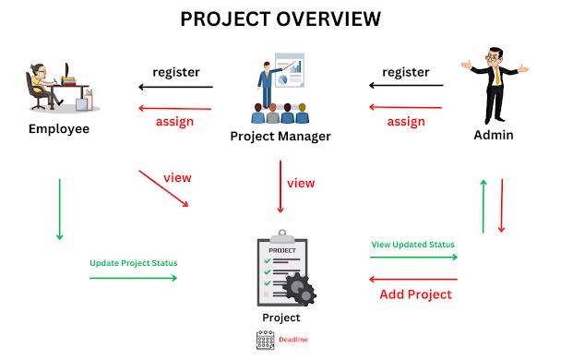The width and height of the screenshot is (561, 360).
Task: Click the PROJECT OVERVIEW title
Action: pyautogui.click(x=280, y=19)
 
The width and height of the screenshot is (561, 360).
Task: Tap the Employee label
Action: pyautogui.click(x=58, y=128)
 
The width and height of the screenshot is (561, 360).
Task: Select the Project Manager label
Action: pyautogui.click(x=280, y=137)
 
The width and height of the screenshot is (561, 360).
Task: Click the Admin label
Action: pyautogui.click(x=494, y=136)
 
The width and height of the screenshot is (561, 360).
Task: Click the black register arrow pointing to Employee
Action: pyautogui.click(x=174, y=88)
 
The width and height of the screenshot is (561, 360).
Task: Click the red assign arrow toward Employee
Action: pyautogui.click(x=174, y=109)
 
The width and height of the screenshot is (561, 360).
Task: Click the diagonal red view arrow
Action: pyautogui.click(x=163, y=187)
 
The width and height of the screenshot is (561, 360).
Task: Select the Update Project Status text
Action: pyautogui.click(x=133, y=263)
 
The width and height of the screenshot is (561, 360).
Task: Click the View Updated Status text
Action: pyautogui.click(x=412, y=245)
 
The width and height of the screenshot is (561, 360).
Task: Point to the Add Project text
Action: pyautogui.click(x=415, y=294)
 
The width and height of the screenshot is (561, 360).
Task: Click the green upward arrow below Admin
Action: pyautogui.click(x=483, y=207)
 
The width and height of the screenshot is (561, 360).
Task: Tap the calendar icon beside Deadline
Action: pyautogui.click(x=265, y=340)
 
